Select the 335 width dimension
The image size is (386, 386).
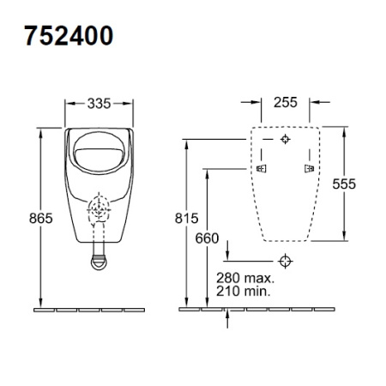click(x=100, y=105)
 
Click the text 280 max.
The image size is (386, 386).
click(x=245, y=278)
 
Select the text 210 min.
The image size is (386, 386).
click(x=244, y=291)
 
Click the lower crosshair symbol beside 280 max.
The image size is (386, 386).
click(x=286, y=260)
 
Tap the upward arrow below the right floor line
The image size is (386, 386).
click(x=227, y=317)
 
